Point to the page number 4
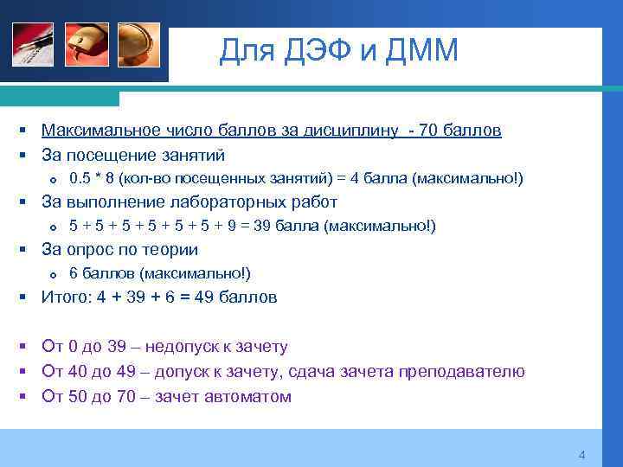[582, 455]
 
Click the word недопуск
[181, 347]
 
